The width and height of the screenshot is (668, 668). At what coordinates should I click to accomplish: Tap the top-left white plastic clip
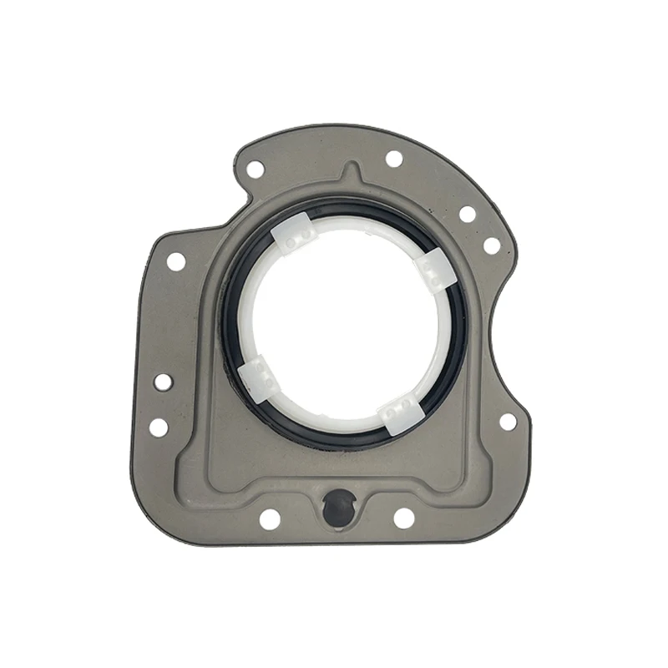[x=293, y=236]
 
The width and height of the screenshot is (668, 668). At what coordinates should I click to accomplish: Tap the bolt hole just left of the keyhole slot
[x=269, y=519]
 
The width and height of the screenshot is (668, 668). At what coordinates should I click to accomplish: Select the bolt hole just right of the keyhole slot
[x=403, y=518]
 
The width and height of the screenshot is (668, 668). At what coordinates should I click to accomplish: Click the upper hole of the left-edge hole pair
[x=163, y=382]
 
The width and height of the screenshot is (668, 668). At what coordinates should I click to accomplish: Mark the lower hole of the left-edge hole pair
[x=158, y=427]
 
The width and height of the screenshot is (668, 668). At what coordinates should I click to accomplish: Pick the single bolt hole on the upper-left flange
[x=175, y=261]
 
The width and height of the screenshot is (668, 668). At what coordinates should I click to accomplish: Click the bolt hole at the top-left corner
[x=255, y=169]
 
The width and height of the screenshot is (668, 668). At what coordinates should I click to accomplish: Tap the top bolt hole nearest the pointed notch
[x=393, y=159]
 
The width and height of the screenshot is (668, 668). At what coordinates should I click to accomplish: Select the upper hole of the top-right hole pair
[x=467, y=214]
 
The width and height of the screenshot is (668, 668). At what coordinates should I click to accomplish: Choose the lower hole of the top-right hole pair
[x=492, y=245]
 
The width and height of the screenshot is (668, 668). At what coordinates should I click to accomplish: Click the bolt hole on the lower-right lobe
[x=507, y=422]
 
